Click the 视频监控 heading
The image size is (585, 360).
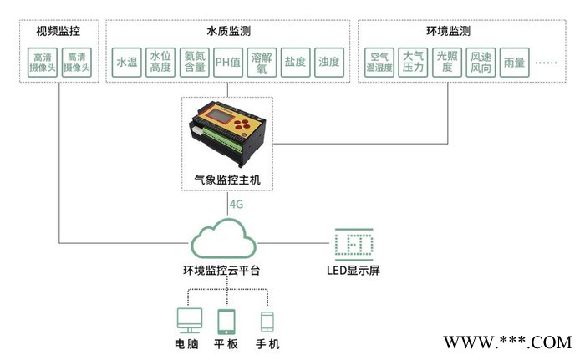tap(58, 32)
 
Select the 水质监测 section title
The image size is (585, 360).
tap(226, 32)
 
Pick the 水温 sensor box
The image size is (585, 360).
tap(126, 62)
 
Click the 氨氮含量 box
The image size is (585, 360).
tap(195, 62)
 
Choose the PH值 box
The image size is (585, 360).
tap(228, 62)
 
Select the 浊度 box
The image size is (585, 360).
tap(328, 62)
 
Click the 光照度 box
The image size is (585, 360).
tap(447, 62)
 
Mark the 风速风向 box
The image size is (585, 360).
tap(481, 62)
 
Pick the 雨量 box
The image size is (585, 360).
tap(513, 62)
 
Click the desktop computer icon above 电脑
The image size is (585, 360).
tap(189, 322)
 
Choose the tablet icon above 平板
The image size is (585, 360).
tap(228, 322)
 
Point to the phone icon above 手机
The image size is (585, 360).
tap(267, 322)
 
